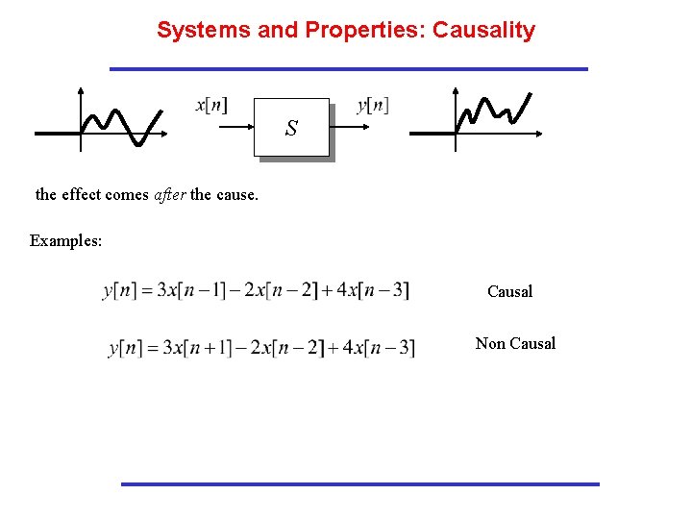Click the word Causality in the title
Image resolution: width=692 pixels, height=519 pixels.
point(483,30)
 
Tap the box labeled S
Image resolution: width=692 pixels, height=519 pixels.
point(291,127)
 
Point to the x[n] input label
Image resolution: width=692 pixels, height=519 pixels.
point(211,105)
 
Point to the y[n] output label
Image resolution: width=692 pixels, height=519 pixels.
point(373,105)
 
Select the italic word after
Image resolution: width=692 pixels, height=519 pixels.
point(170,194)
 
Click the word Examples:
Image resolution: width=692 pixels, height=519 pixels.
point(66,240)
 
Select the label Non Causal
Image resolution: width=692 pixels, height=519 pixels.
point(515,343)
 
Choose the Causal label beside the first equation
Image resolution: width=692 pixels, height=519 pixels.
point(509,291)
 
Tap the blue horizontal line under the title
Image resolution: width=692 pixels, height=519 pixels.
point(348,69)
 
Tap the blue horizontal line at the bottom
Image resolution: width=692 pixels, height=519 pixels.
point(359,483)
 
